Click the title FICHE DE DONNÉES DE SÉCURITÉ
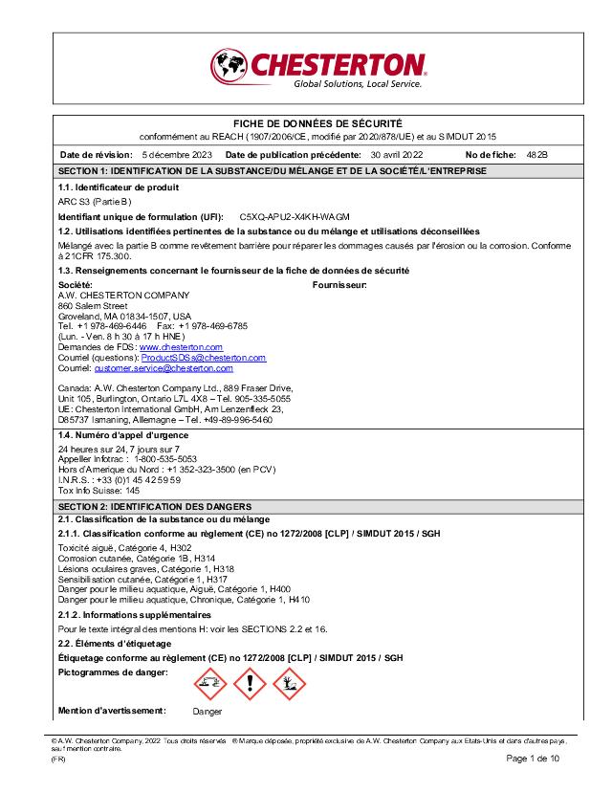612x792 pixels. tap(317, 124)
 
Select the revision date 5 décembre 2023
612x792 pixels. tap(177, 154)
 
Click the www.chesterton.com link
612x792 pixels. tap(181, 347)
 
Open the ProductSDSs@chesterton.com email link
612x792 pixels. tap(204, 358)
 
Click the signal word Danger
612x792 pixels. tap(207, 712)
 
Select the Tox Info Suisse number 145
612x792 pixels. tap(132, 490)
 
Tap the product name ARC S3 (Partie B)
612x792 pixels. tap(95, 203)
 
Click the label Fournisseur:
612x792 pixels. tap(339, 285)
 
